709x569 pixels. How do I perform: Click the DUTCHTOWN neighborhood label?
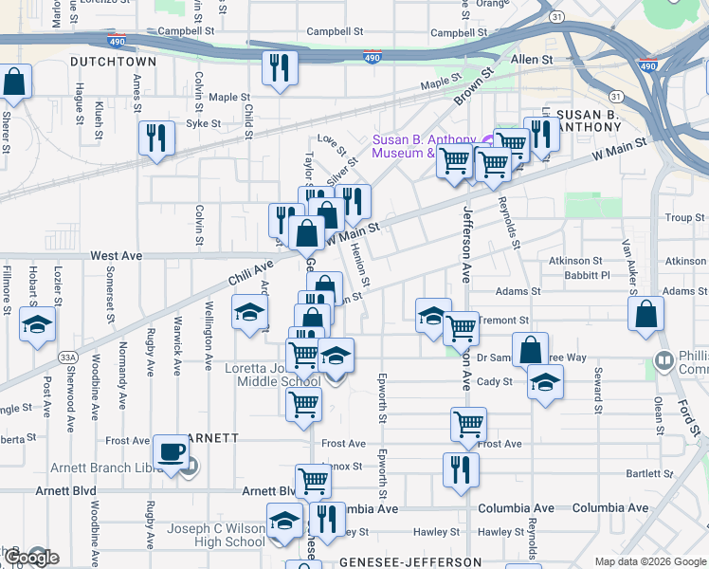(112, 61)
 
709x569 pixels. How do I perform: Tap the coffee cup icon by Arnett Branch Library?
(171, 451)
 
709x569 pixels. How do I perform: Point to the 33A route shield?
(67, 357)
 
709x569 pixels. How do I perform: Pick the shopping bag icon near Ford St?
(645, 315)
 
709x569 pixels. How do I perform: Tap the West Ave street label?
(116, 256)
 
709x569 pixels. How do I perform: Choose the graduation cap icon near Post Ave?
(38, 323)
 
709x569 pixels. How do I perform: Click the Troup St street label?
(684, 218)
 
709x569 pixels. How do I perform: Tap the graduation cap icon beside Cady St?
(545, 382)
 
